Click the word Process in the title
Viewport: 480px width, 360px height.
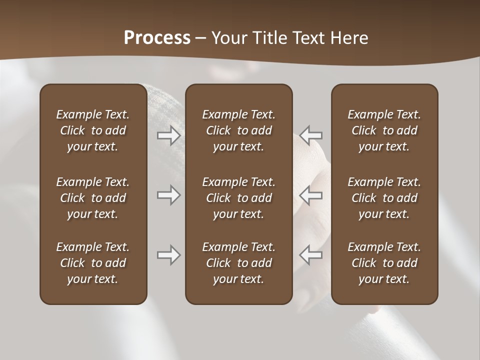click(157, 38)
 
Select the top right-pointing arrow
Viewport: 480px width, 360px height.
click(168, 135)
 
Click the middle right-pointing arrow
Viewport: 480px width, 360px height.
click(168, 195)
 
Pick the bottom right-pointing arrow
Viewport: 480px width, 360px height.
click(168, 255)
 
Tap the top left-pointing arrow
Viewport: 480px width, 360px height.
click(311, 135)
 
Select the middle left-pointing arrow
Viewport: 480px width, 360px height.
click(311, 195)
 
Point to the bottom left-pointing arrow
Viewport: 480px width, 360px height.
click(311, 255)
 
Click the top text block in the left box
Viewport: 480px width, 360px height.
click(93, 130)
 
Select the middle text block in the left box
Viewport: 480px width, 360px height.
click(93, 198)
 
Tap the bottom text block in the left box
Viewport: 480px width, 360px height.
click(93, 263)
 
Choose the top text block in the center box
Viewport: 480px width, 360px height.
click(238, 130)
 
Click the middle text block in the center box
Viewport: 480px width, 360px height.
click(238, 198)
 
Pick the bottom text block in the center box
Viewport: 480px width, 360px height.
click(238, 263)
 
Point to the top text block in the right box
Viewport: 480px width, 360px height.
click(384, 130)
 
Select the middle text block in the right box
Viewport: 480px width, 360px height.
click(384, 198)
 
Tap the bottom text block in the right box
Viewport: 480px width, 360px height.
click(384, 263)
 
